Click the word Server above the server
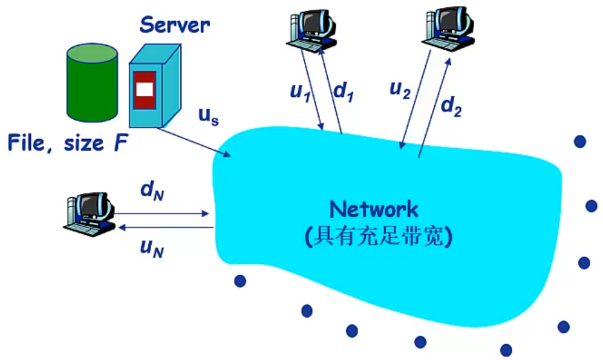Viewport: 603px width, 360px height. pos(175,25)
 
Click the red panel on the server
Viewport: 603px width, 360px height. pos(145,90)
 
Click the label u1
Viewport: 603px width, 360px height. pos(301,91)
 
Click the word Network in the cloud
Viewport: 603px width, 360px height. pos(373,209)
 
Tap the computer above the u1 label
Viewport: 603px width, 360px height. pos(312,28)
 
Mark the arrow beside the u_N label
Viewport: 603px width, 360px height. pos(166,227)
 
